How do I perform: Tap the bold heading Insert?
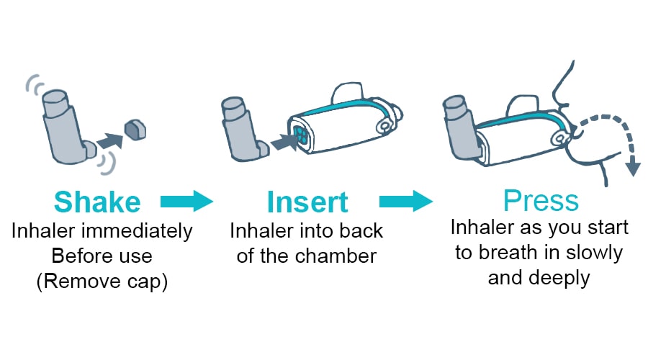coord(308,202)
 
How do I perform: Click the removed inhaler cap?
coord(134,129)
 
